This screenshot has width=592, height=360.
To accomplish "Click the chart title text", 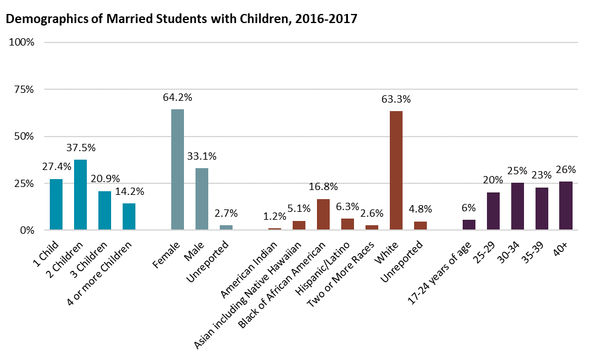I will pos(181,19).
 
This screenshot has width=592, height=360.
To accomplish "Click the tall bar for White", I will pos(396,170).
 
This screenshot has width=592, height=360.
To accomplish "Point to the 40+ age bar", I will pos(566,205).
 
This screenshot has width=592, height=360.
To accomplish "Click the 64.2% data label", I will pos(177,97).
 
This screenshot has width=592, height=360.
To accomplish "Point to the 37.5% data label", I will pos(81,148).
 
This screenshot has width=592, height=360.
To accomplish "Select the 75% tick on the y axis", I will pos(22,89).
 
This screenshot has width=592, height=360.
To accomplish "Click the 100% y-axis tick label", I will pos(21,42).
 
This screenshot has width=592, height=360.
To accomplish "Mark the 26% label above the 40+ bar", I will pos(566,169).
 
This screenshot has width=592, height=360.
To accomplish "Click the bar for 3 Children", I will pos(104,210).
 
